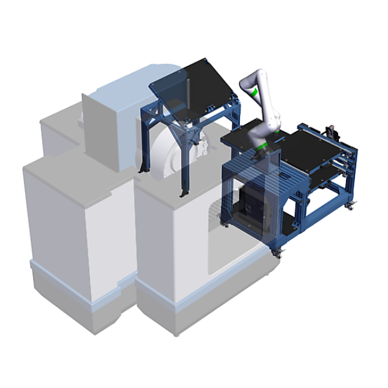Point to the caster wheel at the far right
point(350,206)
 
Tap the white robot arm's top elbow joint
point(248,80)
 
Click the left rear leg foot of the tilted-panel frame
point(144,169)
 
